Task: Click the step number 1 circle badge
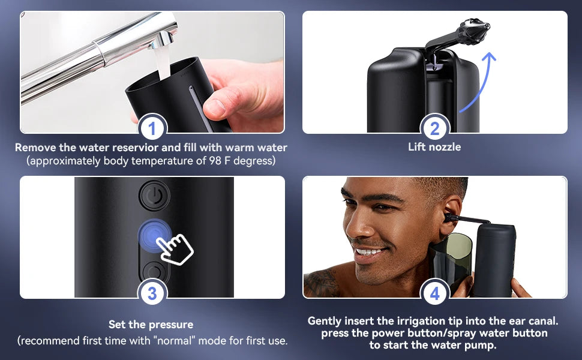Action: (x=152, y=128)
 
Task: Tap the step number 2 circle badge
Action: (x=435, y=128)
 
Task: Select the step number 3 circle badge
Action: (x=152, y=293)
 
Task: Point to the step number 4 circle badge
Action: (x=435, y=293)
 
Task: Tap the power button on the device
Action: (x=154, y=196)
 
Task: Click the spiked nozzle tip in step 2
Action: (x=473, y=29)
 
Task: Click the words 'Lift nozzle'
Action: (x=434, y=147)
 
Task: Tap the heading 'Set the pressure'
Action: (x=151, y=325)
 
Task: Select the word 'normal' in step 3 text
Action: (x=188, y=341)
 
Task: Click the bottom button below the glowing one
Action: (x=154, y=271)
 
